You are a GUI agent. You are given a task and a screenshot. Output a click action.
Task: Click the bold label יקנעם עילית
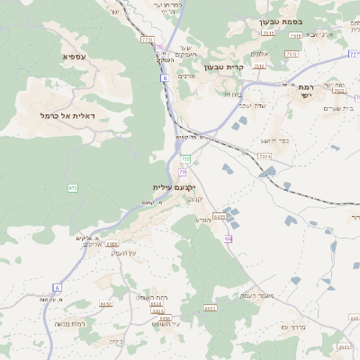[174, 186]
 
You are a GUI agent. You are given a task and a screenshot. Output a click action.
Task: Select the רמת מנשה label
[69, 323]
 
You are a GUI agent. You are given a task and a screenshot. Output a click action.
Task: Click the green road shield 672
[73, 187]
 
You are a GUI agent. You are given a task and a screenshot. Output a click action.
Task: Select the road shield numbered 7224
[264, 157]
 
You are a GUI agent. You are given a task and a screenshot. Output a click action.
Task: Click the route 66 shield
[229, 238]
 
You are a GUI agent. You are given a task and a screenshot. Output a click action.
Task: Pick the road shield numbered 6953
[210, 309]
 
